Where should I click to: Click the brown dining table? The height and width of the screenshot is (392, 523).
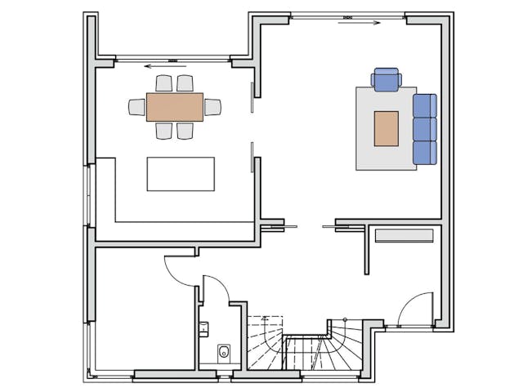click(175, 107)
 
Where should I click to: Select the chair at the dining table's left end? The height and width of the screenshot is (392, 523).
click(137, 107)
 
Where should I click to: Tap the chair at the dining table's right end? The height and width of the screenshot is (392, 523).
click(212, 107)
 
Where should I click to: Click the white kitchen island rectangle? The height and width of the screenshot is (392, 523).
click(181, 174)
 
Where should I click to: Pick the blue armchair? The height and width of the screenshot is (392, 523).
click(385, 79)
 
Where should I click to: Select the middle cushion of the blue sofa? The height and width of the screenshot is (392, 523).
click(425, 129)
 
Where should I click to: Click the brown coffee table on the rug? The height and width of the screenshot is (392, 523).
click(386, 128)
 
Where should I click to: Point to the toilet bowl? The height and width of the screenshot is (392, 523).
click(223, 353)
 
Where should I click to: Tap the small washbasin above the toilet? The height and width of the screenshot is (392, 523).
click(204, 329)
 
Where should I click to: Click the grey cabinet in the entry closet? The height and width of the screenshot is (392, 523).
click(404, 236)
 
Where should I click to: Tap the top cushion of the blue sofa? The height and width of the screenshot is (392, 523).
click(425, 106)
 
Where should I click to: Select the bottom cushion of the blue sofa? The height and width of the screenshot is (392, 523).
click(425, 152)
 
